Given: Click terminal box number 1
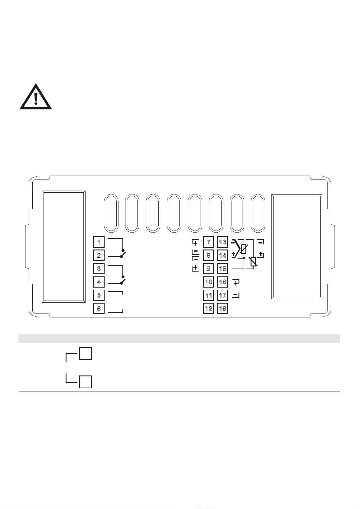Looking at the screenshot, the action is point(99,242).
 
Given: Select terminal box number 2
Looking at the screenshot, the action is point(99,255).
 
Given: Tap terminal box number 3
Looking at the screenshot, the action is point(99,269).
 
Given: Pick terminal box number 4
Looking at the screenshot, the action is point(99,282).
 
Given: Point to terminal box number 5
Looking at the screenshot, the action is point(99,295).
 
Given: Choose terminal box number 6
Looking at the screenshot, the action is point(99,308).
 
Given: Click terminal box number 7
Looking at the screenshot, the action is point(209,242).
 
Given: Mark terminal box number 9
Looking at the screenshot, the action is point(209,269).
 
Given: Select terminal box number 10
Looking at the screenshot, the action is point(209,282).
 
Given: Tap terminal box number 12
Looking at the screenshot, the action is point(209,308).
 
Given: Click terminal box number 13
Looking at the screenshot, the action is point(222,242).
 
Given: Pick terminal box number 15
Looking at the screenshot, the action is point(222,269).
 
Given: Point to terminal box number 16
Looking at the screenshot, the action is point(222,282).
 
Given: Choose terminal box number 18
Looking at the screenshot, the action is point(222,308).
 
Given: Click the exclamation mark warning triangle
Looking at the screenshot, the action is point(36,97).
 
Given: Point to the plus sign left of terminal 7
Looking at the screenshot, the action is point(195,243).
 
